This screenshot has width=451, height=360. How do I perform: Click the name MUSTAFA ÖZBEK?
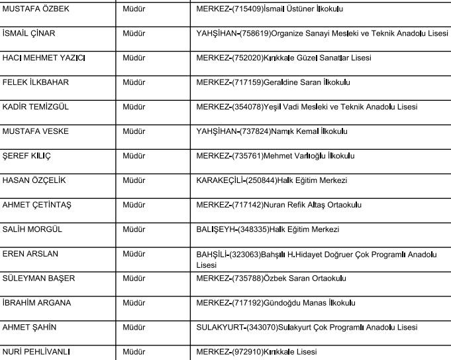tap(36, 9)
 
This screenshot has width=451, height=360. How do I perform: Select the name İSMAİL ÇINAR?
tap(29, 34)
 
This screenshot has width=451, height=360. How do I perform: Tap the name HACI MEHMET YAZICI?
tap(44, 58)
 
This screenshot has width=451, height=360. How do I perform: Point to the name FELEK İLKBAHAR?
tap(36, 83)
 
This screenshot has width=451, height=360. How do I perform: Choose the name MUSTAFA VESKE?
tap(36, 132)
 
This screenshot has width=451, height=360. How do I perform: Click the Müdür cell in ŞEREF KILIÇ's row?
tap(134, 156)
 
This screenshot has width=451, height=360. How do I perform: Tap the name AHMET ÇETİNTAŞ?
tap(37, 206)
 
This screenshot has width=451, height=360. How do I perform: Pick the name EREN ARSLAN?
tap(30, 254)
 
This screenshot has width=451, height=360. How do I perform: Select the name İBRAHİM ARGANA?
tap(37, 303)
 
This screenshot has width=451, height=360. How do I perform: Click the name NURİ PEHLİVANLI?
tap(36, 352)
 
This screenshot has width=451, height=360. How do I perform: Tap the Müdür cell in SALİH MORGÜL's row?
tap(134, 230)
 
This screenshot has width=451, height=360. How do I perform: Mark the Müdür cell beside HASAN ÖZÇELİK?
tap(134, 181)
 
